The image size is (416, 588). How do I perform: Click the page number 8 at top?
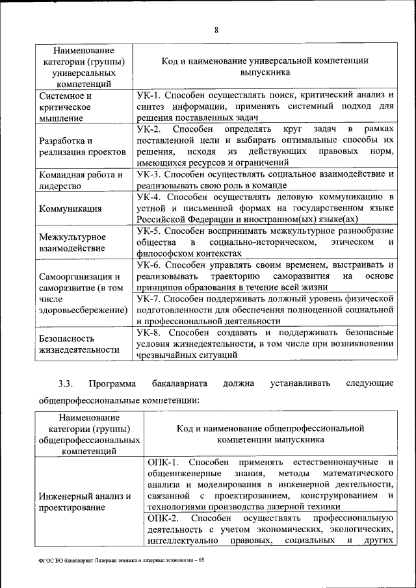[x=216, y=29]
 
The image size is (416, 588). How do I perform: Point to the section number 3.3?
[x=64, y=383]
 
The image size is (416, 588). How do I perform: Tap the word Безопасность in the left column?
[x=67, y=339]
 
